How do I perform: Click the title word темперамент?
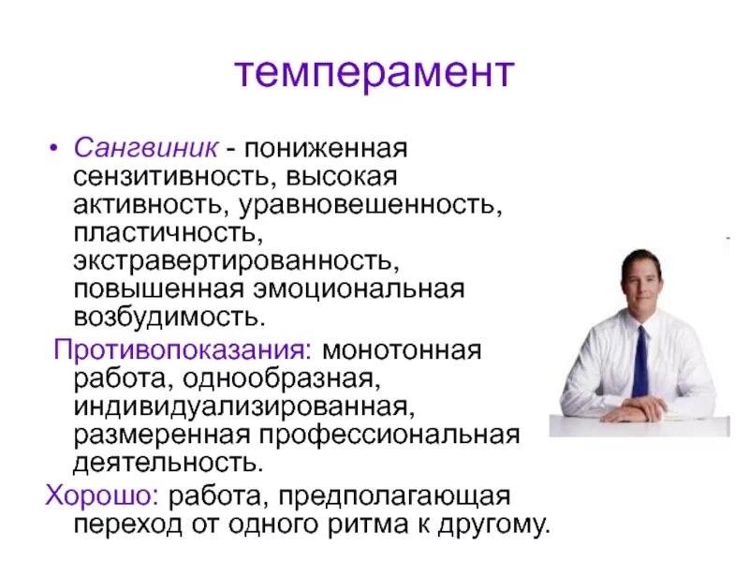click(x=374, y=72)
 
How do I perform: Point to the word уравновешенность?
click(x=370, y=204)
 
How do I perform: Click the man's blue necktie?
click(x=639, y=361)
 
